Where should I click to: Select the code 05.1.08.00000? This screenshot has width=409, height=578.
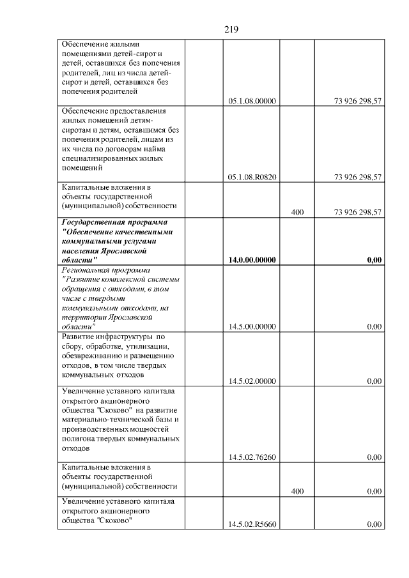252,101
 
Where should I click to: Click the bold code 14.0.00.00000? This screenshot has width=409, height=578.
252,260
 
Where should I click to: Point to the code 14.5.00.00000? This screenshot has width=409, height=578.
252,326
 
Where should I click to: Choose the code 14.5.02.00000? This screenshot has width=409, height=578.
252,381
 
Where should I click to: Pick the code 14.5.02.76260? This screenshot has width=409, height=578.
252,457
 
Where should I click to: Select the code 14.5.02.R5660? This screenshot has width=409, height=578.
252,524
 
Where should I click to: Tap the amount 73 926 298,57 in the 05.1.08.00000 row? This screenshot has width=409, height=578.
358,101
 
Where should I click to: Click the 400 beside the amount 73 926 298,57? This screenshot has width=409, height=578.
297,212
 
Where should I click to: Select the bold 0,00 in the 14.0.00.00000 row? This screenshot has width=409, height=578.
374,260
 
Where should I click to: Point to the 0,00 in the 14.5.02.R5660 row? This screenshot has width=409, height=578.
374,524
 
